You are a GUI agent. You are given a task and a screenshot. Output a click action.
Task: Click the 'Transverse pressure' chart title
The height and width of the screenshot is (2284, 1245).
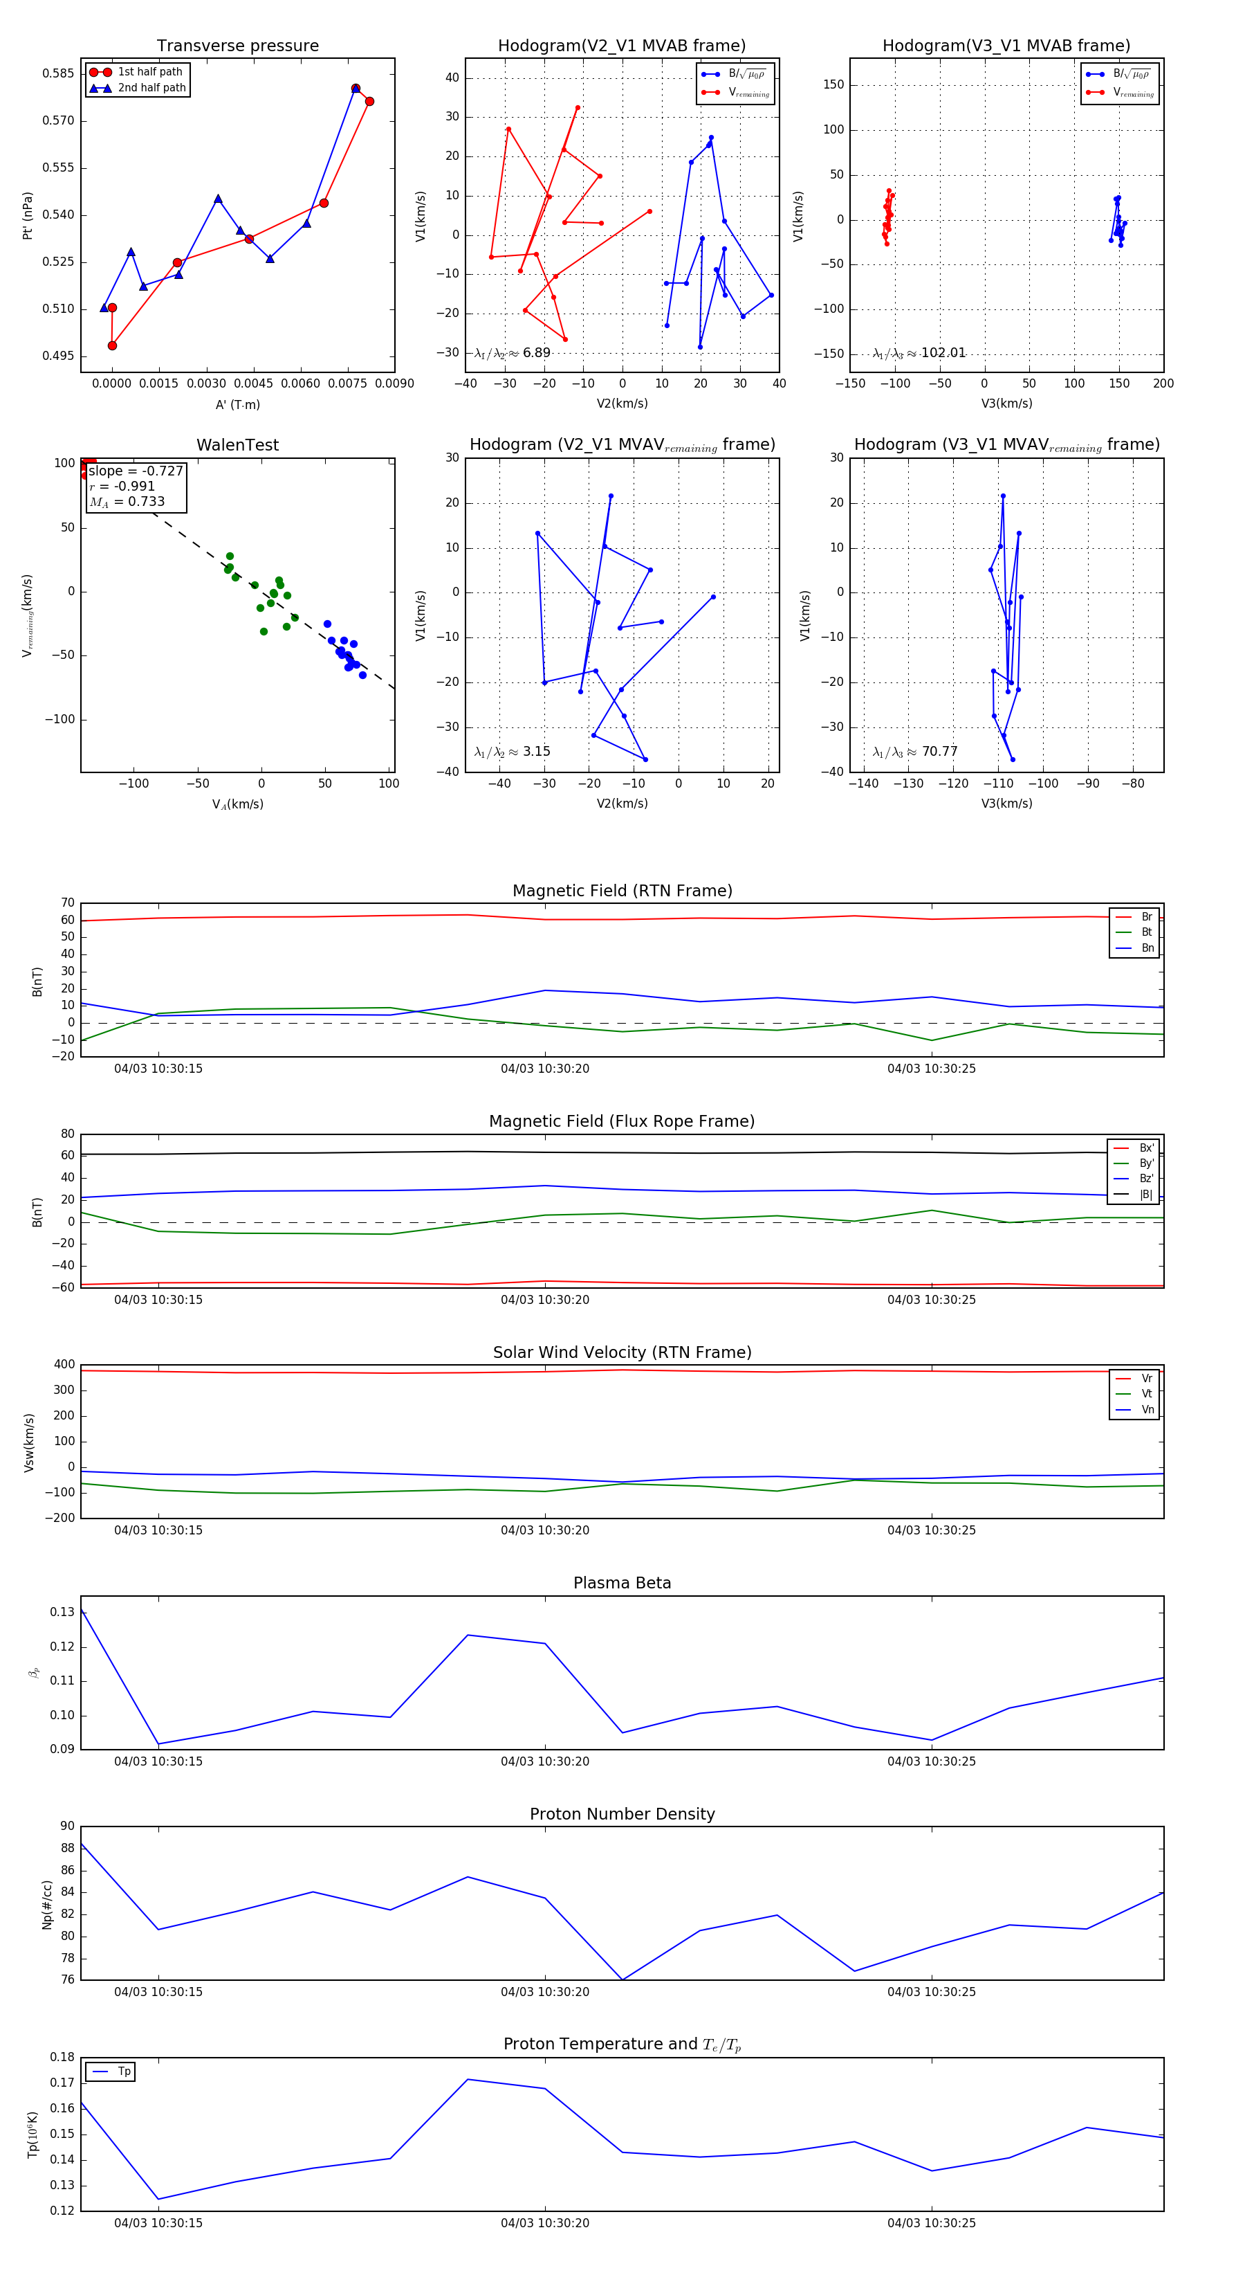237,46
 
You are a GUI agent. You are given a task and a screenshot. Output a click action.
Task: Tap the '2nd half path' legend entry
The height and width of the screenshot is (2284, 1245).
151,88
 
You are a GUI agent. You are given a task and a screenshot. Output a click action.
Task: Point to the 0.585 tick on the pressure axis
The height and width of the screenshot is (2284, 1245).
59,73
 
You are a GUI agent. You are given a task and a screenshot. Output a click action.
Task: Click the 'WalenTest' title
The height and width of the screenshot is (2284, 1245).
237,445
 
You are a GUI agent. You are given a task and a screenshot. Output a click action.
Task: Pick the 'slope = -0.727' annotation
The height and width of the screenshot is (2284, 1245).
136,471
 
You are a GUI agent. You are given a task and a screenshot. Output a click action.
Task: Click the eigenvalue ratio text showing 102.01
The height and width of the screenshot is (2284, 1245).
919,353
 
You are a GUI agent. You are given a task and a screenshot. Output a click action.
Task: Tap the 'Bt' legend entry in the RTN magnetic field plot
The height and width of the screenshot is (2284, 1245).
1146,932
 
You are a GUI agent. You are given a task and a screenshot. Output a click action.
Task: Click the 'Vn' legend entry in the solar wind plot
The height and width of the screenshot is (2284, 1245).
1147,1410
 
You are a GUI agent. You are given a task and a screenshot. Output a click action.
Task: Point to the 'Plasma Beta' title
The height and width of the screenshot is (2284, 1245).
622,1583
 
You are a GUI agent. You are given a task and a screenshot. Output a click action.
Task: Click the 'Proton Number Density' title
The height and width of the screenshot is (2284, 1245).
622,1814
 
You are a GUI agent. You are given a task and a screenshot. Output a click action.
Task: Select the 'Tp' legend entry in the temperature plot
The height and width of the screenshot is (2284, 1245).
123,2072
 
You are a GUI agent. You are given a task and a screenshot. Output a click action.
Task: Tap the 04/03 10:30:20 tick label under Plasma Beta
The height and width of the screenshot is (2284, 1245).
545,1761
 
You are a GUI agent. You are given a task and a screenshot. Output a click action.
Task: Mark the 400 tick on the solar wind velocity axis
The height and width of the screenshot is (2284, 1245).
64,1365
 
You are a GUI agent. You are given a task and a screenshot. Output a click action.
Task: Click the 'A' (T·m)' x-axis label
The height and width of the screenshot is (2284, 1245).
237,405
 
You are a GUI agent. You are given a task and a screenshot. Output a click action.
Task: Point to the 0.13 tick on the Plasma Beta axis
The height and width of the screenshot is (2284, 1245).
62,1612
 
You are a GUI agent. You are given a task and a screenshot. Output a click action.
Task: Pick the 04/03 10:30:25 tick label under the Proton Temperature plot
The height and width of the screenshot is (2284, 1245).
931,2223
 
